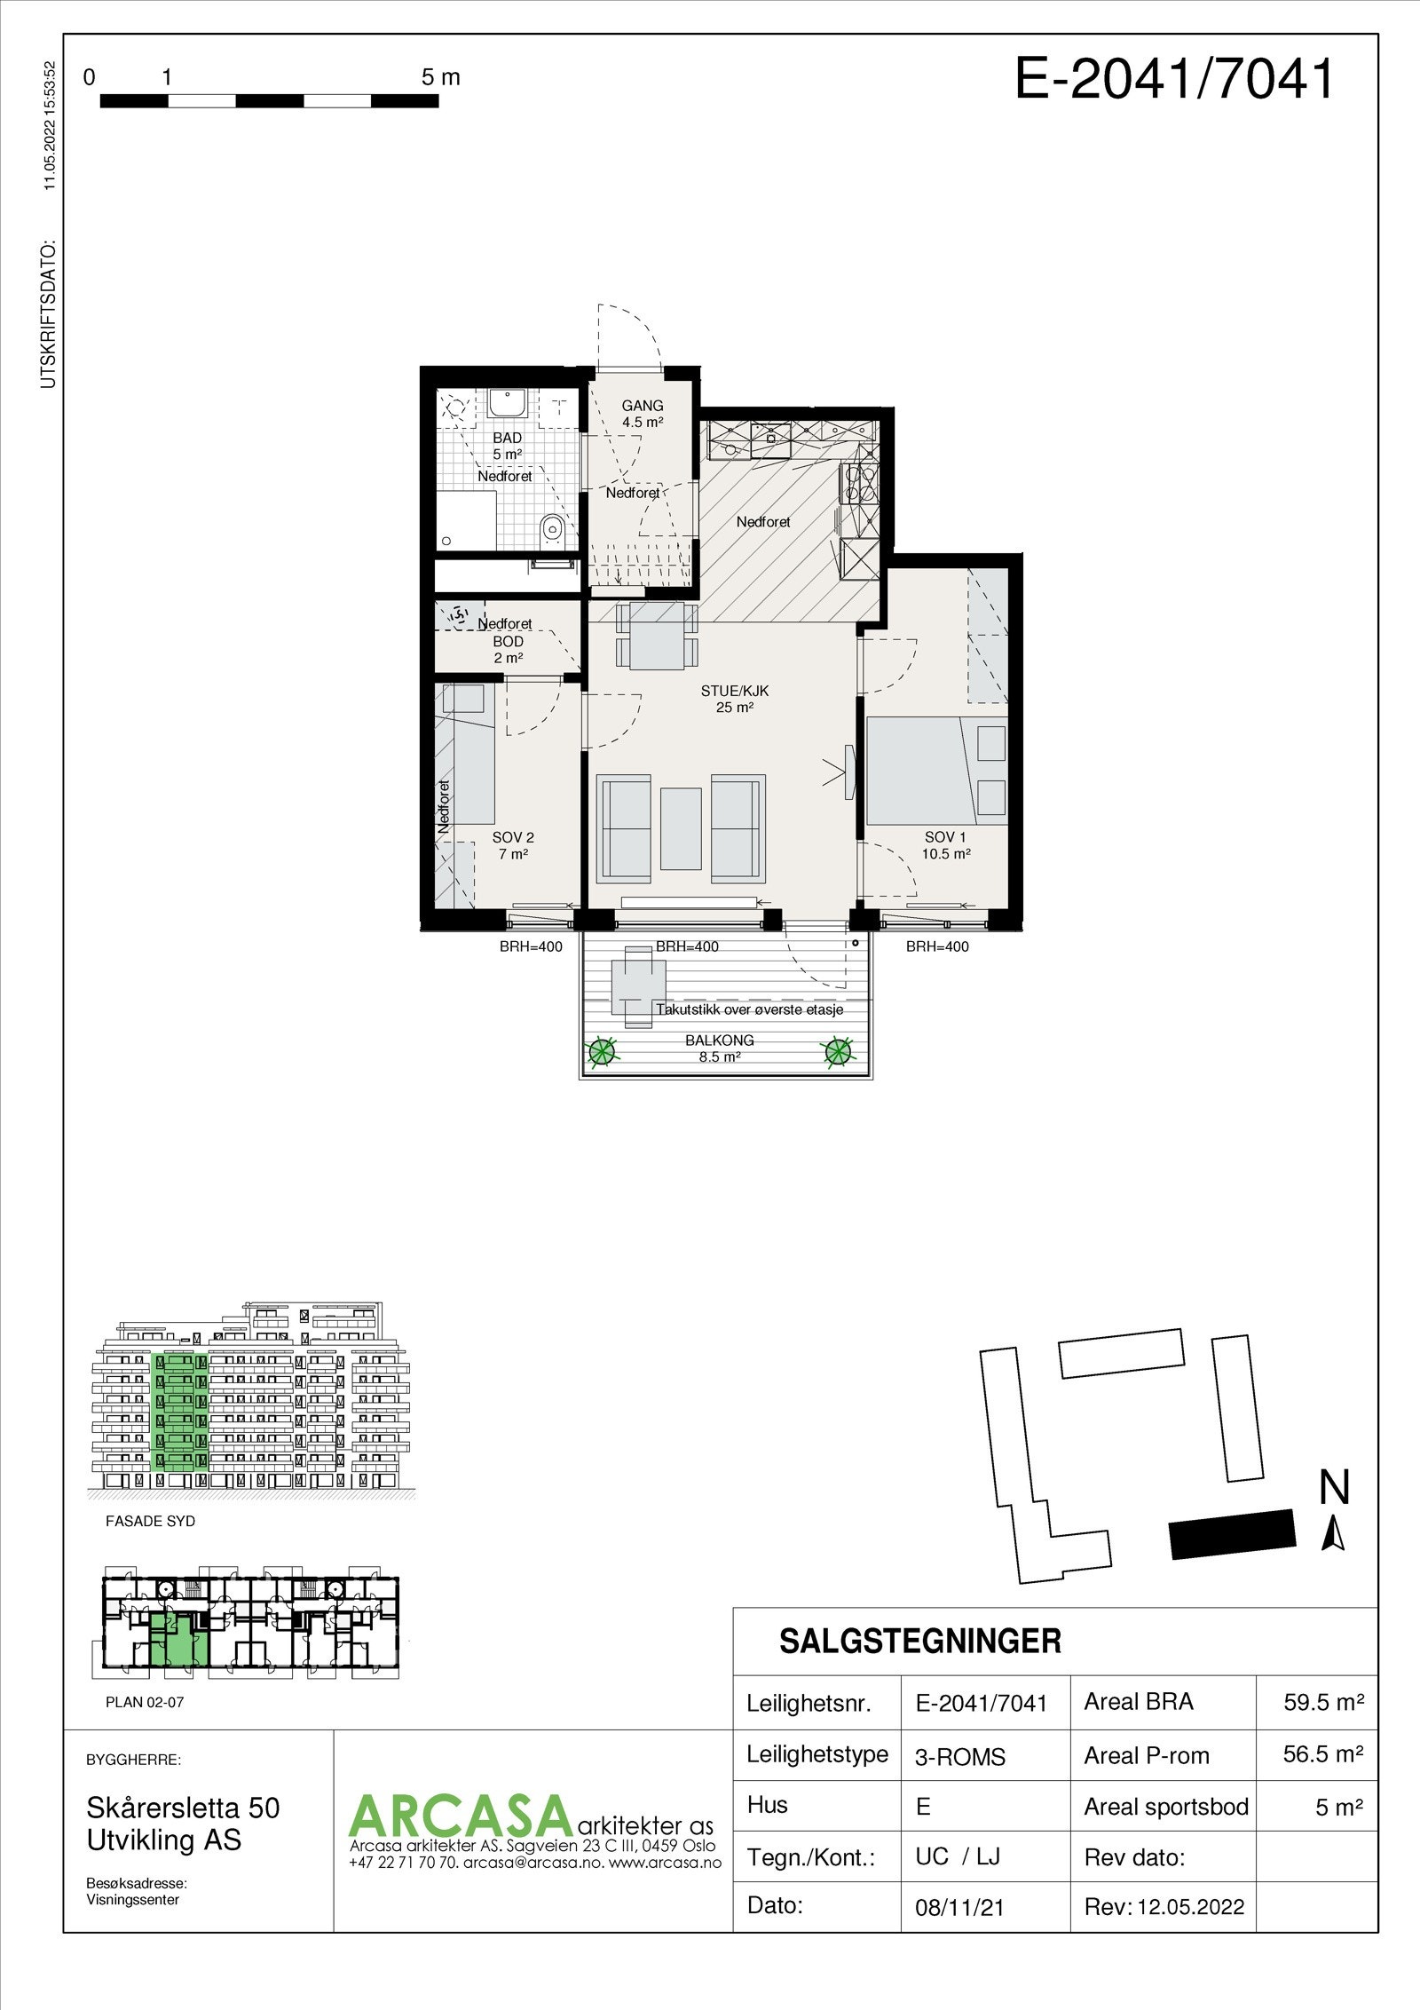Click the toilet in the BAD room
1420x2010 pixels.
click(x=551, y=530)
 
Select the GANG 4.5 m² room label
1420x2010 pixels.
click(x=643, y=415)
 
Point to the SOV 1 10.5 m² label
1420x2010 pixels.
click(x=945, y=845)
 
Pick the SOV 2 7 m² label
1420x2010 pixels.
click(x=513, y=845)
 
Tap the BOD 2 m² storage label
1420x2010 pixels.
click(x=508, y=649)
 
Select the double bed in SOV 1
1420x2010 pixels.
click(x=914, y=772)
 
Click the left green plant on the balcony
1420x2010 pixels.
click(x=602, y=1052)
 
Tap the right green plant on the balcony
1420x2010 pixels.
click(x=839, y=1053)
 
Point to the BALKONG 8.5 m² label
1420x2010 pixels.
click(x=719, y=1049)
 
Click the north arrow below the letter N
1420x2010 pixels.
click(x=1333, y=1534)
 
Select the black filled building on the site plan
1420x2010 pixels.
click(x=1232, y=1534)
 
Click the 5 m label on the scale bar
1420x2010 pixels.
click(x=441, y=77)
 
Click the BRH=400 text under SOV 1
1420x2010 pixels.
click(x=937, y=946)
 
